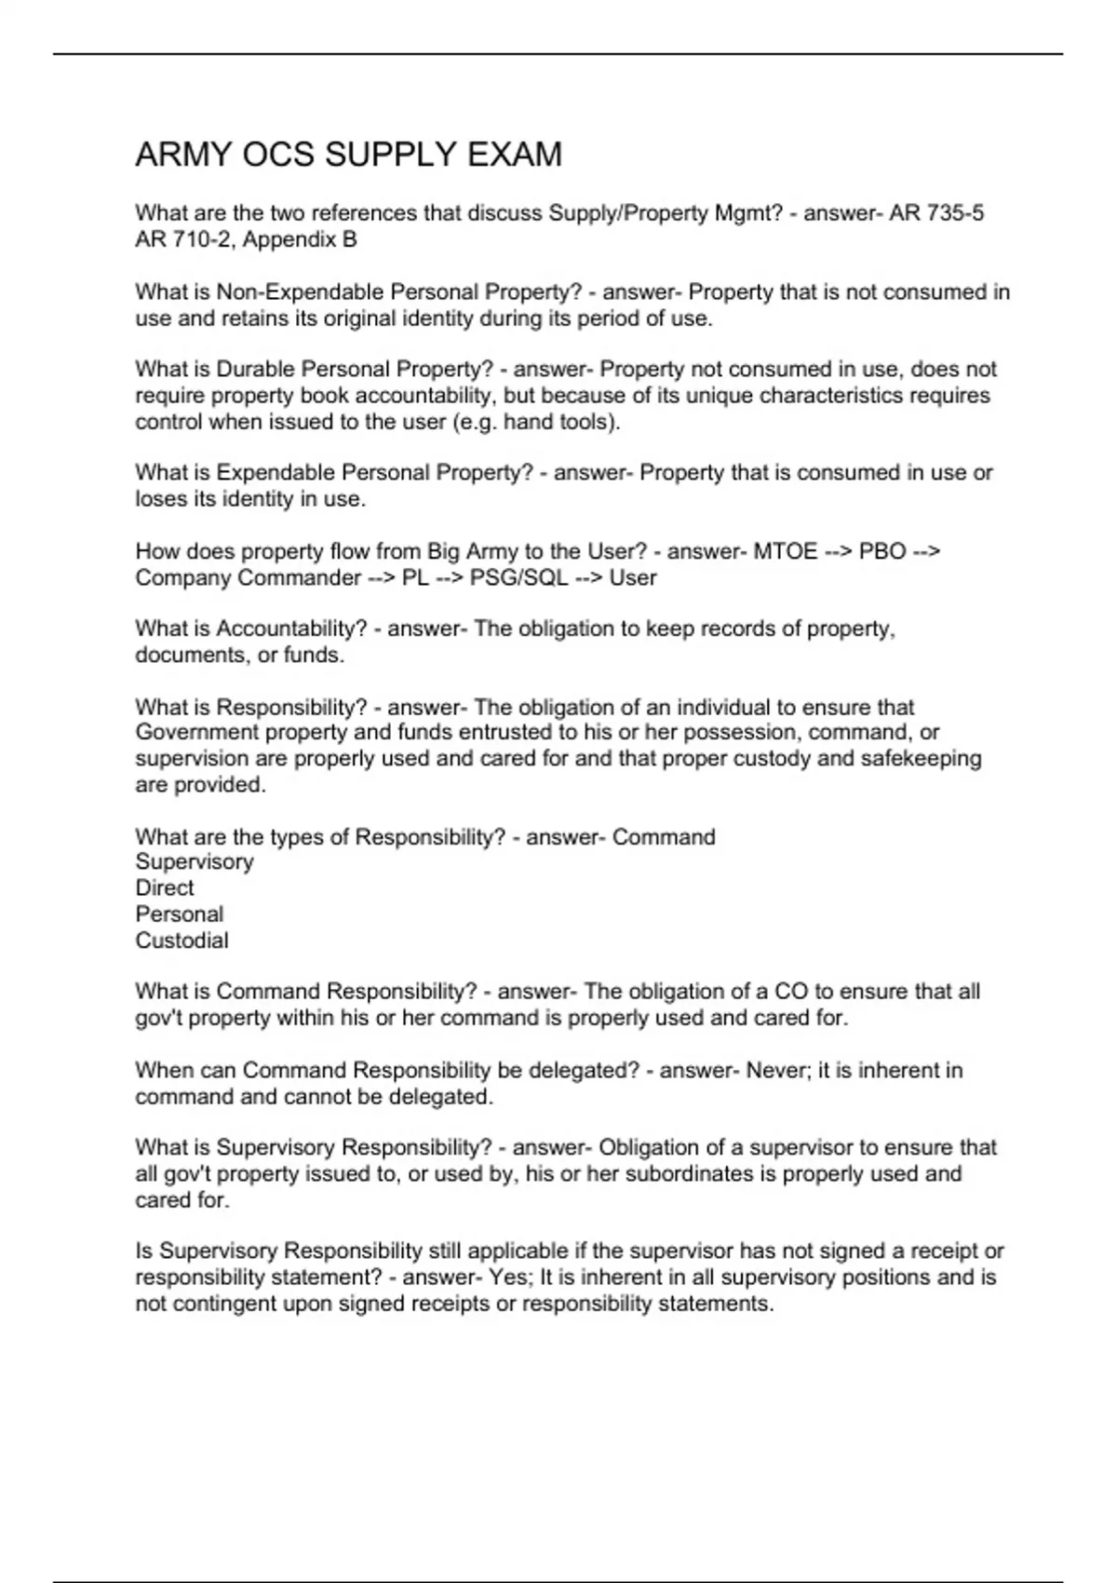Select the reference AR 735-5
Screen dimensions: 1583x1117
(936, 213)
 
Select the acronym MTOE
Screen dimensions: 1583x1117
(785, 551)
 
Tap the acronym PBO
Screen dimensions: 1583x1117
(882, 551)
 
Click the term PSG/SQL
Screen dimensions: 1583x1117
(518, 577)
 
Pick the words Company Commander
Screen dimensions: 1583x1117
(248, 577)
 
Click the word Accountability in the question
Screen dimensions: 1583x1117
(291, 629)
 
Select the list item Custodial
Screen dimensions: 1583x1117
(182, 940)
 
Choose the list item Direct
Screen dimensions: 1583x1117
(165, 888)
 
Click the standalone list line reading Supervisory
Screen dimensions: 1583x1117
(194, 862)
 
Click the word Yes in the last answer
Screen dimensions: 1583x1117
(507, 1278)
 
